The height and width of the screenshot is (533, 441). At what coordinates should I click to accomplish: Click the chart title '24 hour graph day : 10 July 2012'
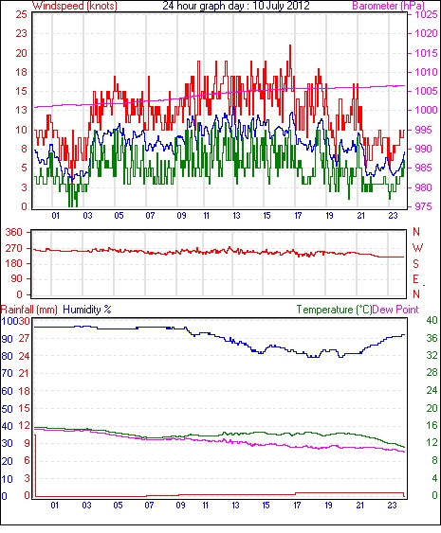pyautogui.click(x=235, y=6)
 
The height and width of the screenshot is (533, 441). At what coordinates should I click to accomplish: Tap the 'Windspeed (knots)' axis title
pyautogui.click(x=75, y=6)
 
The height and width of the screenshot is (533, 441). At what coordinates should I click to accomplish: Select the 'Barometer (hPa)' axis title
pyautogui.click(x=388, y=6)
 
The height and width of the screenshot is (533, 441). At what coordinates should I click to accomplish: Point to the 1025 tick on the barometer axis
pyautogui.click(x=426, y=14)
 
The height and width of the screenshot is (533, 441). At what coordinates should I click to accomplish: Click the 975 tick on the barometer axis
pyautogui.click(x=423, y=206)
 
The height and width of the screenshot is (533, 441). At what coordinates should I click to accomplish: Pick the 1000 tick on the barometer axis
pyautogui.click(x=426, y=110)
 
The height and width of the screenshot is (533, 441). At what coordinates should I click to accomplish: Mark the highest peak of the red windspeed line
pyautogui.click(x=290, y=45)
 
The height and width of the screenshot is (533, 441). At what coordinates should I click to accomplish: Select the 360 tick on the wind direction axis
pyautogui.click(x=14, y=233)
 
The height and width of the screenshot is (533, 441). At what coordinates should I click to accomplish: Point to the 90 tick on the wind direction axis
pyautogui.click(x=17, y=278)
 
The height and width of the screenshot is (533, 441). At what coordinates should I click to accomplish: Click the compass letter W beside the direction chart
pyautogui.click(x=417, y=248)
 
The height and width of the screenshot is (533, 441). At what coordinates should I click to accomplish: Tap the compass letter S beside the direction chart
pyautogui.click(x=415, y=263)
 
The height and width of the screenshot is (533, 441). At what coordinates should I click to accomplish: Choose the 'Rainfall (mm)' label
pyautogui.click(x=29, y=310)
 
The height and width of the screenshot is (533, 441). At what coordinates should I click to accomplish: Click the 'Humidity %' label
pyautogui.click(x=87, y=310)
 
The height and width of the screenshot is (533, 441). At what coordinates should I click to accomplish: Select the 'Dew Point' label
pyautogui.click(x=395, y=310)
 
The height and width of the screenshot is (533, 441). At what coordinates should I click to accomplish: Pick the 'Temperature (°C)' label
pyautogui.click(x=334, y=310)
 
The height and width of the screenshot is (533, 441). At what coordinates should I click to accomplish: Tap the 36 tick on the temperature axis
pyautogui.click(x=432, y=338)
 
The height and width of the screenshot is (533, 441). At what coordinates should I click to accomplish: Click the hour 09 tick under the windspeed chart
pyautogui.click(x=181, y=216)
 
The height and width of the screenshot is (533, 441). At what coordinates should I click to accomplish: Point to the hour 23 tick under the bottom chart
pyautogui.click(x=392, y=506)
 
